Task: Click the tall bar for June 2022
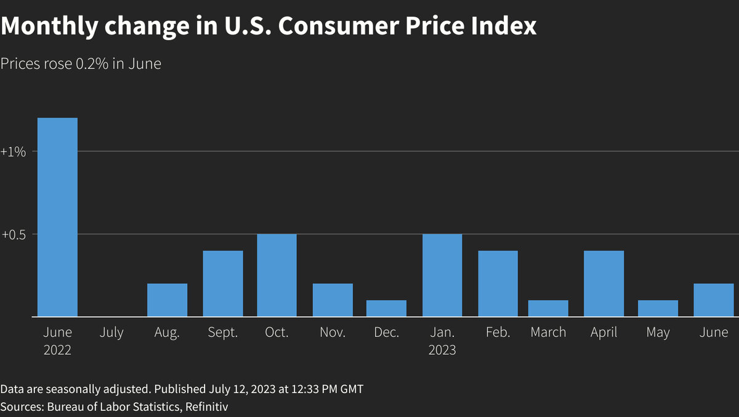click(57, 217)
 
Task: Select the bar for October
click(277, 275)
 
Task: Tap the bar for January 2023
click(442, 275)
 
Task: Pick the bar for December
click(387, 309)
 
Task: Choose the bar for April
click(604, 283)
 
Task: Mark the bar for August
click(167, 300)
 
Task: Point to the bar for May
click(658, 309)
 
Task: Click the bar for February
click(498, 283)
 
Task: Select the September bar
click(223, 283)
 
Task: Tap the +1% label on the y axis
click(14, 152)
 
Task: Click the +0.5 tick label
click(14, 235)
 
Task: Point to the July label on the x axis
click(111, 333)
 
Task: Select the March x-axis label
click(548, 333)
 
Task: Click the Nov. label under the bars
click(333, 333)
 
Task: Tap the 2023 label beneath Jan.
click(442, 350)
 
